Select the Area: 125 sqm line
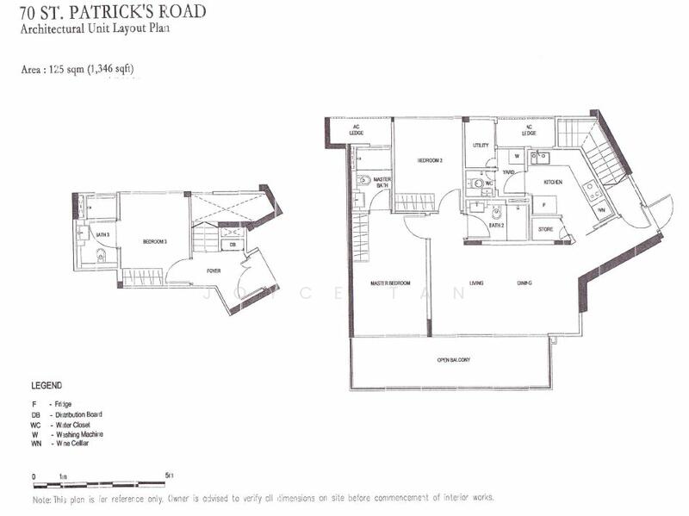(78, 69)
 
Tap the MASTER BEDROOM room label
(390, 283)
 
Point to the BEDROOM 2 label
(430, 160)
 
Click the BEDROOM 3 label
(154, 242)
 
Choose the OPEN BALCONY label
(453, 359)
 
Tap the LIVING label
(476, 283)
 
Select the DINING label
(524, 283)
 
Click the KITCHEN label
(552, 182)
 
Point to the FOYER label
(213, 270)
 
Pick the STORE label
(544, 229)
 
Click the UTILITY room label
(481, 146)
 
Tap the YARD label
(509, 172)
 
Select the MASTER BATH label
(382, 183)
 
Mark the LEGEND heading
(47, 386)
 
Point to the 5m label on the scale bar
(169, 476)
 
